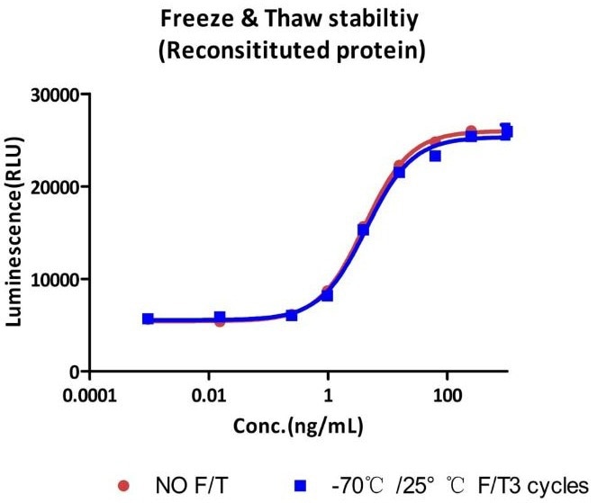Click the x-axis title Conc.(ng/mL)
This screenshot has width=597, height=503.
302,422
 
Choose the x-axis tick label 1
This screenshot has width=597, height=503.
329,395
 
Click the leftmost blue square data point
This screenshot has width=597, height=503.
148,319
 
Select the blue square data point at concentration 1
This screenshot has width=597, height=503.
328,295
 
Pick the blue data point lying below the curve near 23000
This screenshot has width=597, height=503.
436,156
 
